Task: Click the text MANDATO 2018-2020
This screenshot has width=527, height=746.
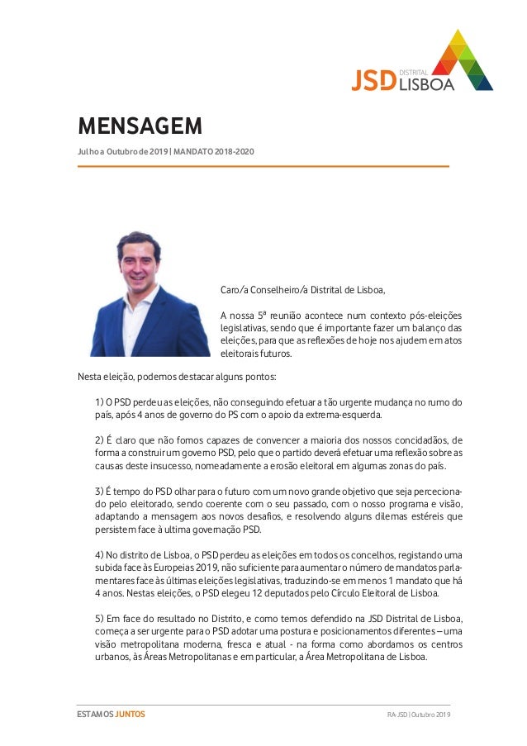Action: tap(213, 151)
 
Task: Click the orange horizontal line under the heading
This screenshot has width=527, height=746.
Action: tap(263, 166)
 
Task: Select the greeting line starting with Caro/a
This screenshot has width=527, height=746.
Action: tap(302, 289)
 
